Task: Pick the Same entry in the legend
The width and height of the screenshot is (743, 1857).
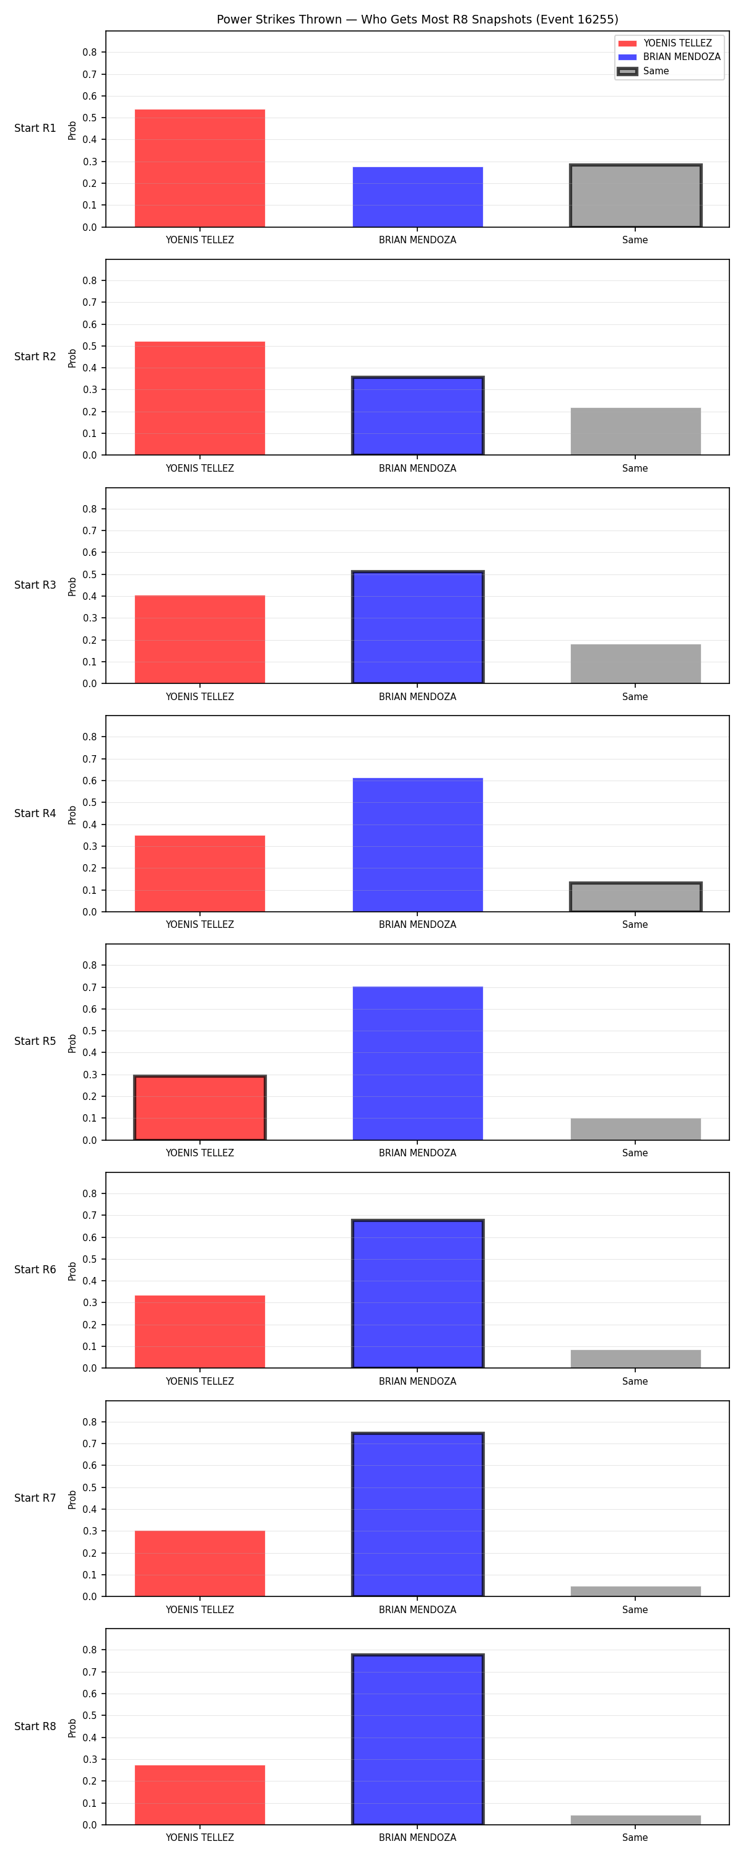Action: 643,71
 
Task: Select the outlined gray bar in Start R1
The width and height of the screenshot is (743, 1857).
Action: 635,196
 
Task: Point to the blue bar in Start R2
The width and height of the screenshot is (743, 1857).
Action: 418,415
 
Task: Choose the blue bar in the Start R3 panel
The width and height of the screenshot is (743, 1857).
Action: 418,626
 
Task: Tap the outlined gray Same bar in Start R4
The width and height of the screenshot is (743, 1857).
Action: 635,897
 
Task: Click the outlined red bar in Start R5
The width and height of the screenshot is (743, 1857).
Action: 200,1107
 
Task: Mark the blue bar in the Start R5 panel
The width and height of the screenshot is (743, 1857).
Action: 418,1063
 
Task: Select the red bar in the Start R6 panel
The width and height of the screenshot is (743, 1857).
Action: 200,1331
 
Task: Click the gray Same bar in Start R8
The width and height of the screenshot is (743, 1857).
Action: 635,1820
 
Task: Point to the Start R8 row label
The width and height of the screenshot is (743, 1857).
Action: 35,1726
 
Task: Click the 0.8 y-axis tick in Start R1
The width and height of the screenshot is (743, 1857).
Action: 89,53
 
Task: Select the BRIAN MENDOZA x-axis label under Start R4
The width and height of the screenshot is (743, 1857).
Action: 418,924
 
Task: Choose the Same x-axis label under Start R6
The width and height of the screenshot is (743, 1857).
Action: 635,1381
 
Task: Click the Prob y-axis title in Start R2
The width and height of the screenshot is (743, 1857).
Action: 72,358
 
